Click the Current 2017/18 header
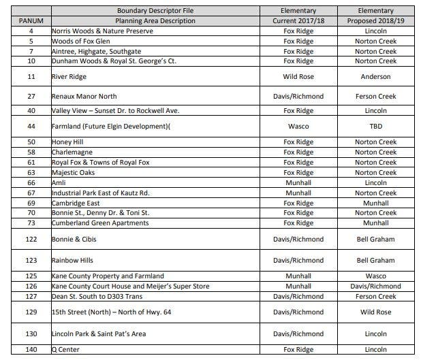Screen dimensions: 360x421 coord(298,20)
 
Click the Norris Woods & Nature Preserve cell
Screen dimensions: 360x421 coord(103,31)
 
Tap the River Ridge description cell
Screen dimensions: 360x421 coord(69,77)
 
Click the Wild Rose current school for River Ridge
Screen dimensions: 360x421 coord(298,77)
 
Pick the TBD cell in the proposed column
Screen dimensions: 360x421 coord(375,126)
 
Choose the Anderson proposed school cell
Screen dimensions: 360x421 coord(375,77)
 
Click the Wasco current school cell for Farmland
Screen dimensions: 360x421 coord(298,126)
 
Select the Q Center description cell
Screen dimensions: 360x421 coord(66,349)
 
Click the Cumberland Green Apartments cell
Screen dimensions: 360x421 coord(100,223)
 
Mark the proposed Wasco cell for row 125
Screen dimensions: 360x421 coord(375,276)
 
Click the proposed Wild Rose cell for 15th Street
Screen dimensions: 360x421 coord(375,312)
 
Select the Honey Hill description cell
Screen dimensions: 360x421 coord(67,142)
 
